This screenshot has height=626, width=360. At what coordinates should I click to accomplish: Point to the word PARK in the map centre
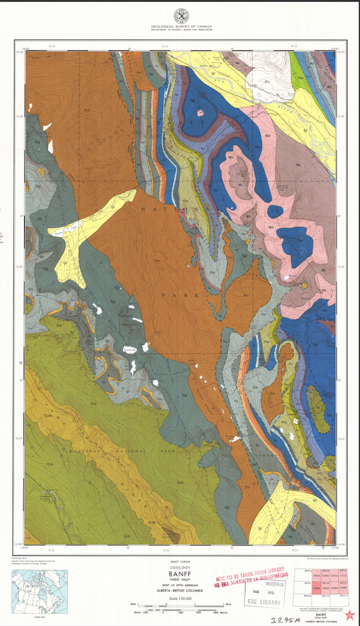pos(172,295)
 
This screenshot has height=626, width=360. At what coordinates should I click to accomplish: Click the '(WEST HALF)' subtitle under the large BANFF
pos(180,583)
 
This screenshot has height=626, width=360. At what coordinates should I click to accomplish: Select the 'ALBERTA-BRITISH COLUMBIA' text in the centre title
pos(180,592)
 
